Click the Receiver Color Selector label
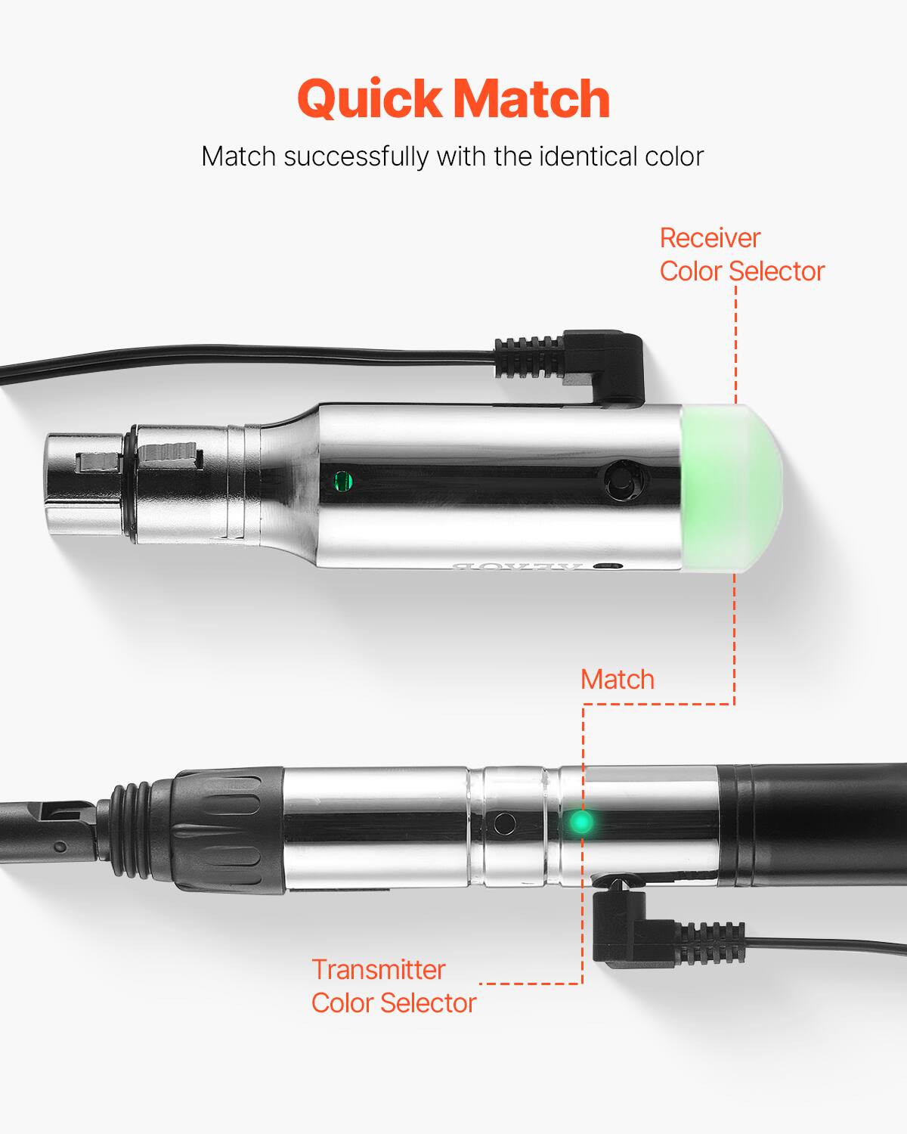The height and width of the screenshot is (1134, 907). coord(741,255)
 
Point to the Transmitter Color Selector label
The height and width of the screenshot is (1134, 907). coord(393,986)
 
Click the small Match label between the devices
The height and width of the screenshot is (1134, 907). coord(617,679)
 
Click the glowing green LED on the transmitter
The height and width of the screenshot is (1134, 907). coord(580,822)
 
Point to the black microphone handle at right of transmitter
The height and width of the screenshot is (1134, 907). coord(813,824)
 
